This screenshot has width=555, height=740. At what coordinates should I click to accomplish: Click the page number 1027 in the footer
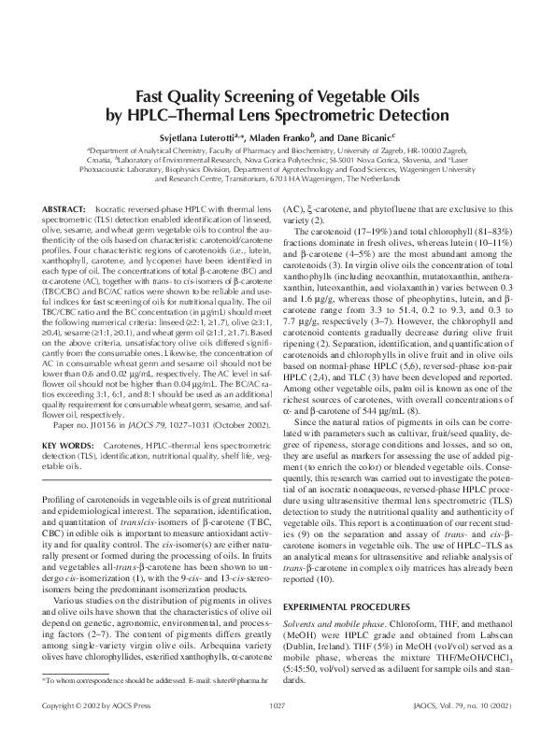[x=277, y=730]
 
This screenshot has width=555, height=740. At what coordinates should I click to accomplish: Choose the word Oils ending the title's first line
[x=399, y=96]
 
